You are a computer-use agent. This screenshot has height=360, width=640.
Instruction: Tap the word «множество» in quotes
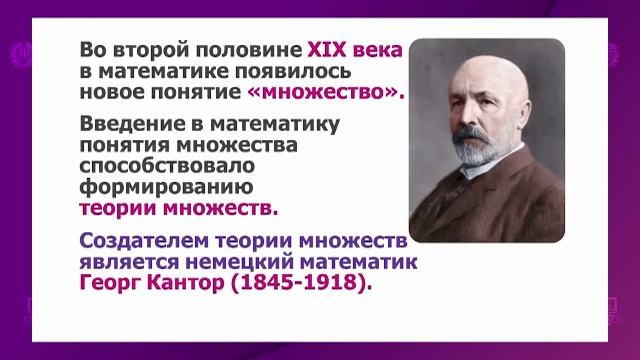[x=326, y=92]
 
